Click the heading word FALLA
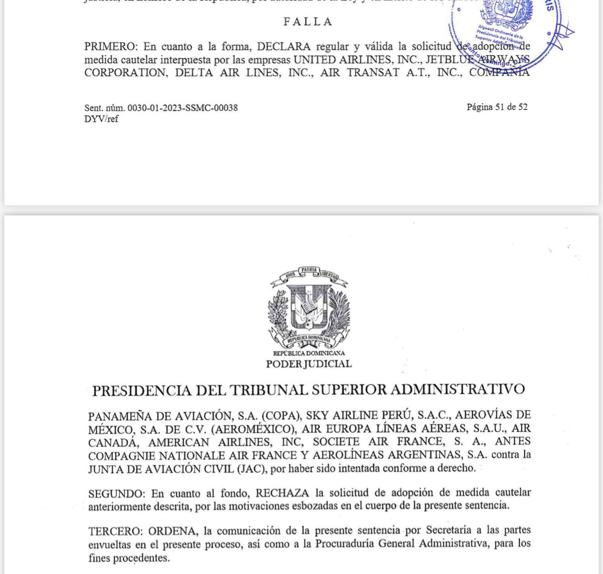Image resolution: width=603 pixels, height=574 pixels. (x=308, y=22)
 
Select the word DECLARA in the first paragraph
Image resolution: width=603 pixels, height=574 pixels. (x=284, y=47)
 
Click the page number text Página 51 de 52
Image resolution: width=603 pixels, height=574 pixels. (x=497, y=107)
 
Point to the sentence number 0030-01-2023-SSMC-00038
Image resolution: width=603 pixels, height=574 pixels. (x=183, y=108)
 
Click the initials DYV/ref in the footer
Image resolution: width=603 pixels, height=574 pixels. (x=101, y=119)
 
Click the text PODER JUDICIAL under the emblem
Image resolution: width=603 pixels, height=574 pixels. (x=309, y=364)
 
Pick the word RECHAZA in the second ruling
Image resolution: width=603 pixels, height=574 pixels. (x=282, y=493)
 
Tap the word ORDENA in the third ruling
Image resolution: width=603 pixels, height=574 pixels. (x=174, y=531)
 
